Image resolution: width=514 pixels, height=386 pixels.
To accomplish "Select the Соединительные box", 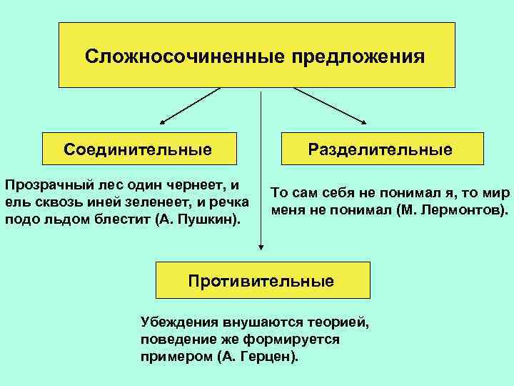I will (x=138, y=149).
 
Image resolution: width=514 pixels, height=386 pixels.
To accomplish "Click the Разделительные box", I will (x=380, y=149).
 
